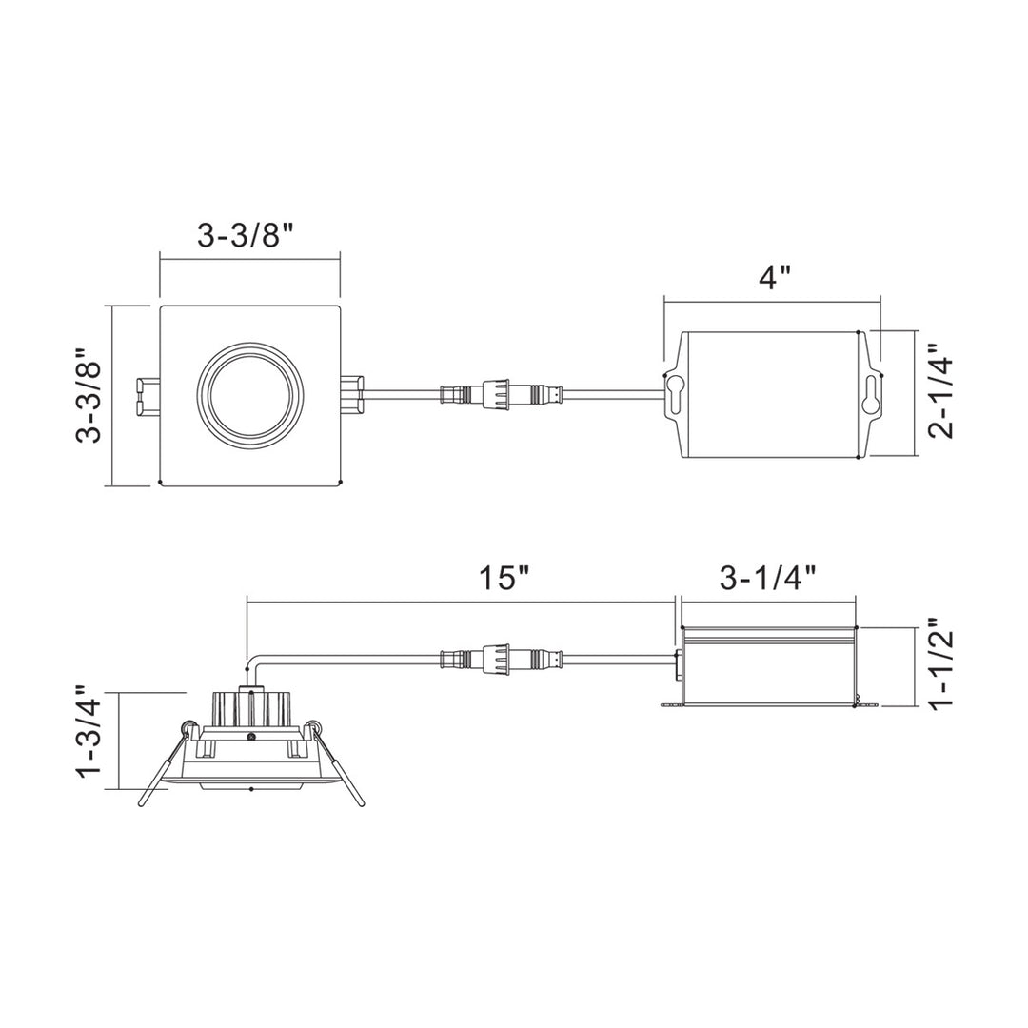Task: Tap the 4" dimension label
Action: [x=774, y=278]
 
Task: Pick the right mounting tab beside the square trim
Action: [x=352, y=392]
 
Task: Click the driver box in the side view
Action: [x=769, y=664]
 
